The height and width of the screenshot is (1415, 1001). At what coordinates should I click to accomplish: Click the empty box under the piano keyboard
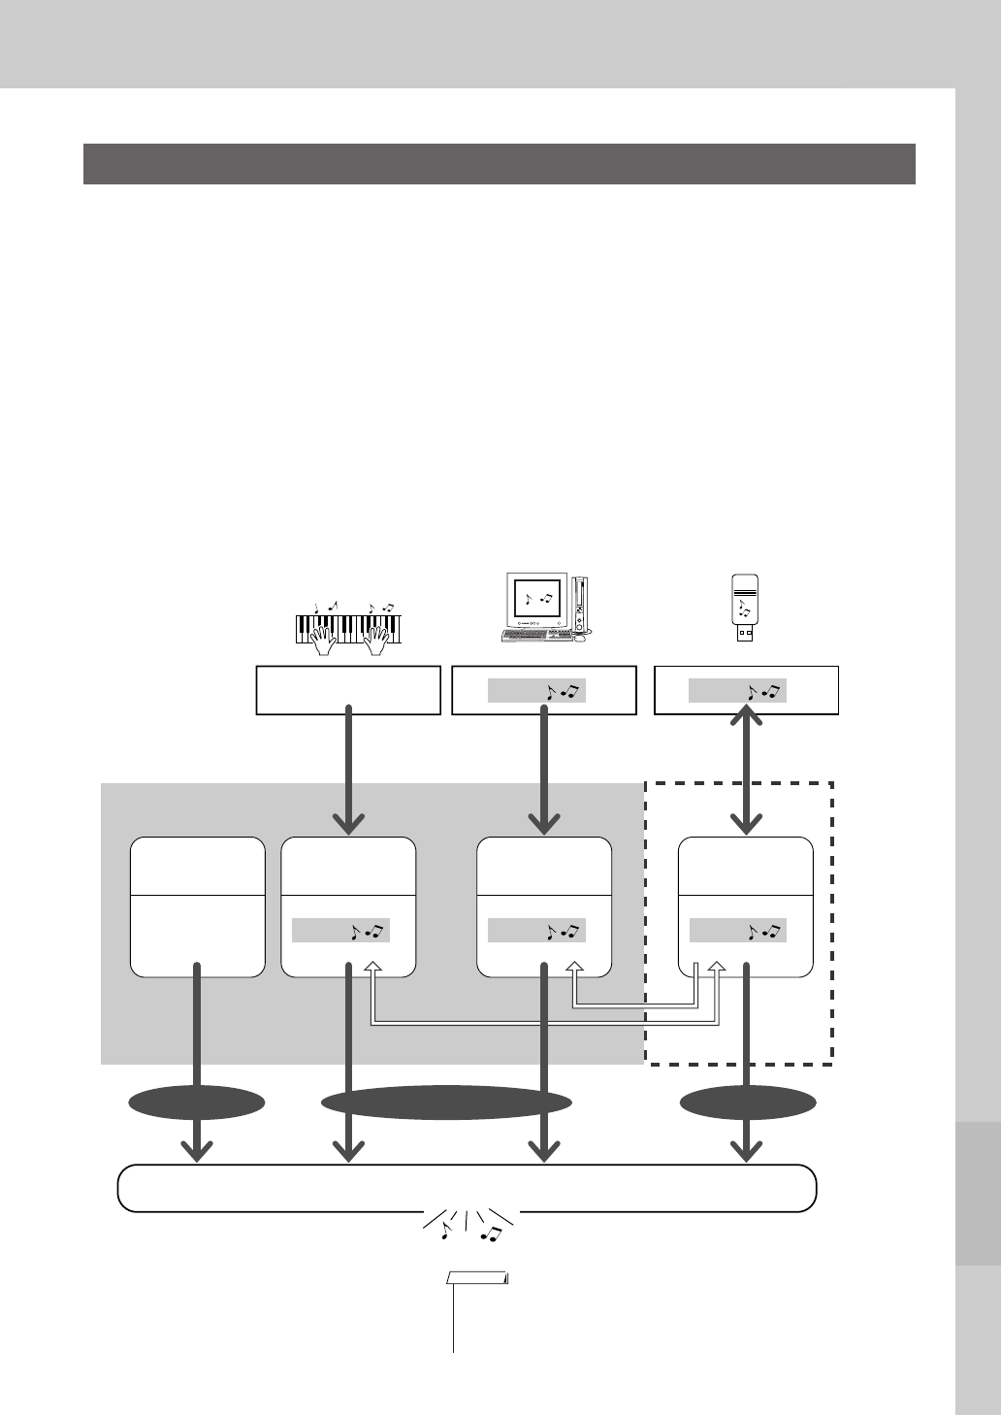348,690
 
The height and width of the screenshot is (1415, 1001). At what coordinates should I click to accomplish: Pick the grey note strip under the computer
536,691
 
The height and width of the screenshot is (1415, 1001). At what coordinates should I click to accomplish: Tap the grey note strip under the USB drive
737,691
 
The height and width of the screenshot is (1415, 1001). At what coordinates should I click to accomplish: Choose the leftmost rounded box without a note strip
198,906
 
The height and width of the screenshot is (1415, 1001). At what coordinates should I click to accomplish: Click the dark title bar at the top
500,164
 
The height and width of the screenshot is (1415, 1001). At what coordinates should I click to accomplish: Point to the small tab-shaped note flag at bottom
477,1278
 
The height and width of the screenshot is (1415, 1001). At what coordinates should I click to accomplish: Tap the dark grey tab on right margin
978,1194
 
